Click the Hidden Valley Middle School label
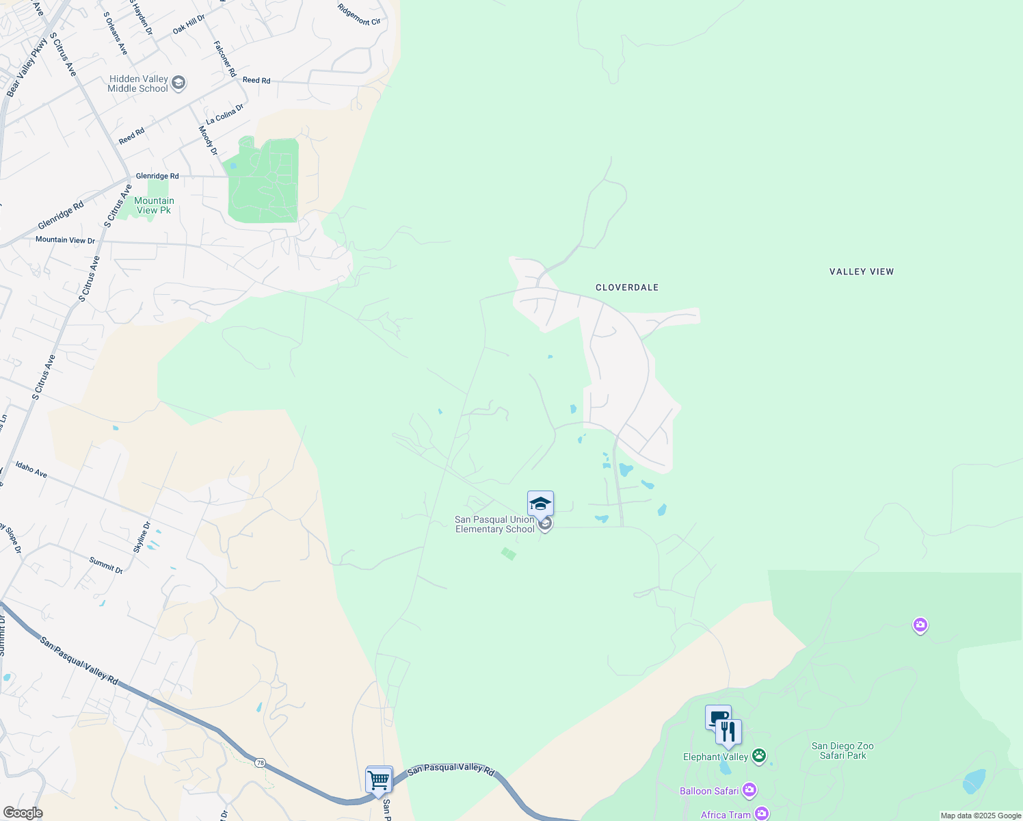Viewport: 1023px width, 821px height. [x=138, y=83]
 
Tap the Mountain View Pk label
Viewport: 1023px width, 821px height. [x=154, y=205]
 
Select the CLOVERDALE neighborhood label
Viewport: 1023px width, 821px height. [x=627, y=287]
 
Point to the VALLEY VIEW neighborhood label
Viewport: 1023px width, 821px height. [x=862, y=272]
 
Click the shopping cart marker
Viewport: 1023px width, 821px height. [x=379, y=780]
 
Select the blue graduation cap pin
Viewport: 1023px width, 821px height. [x=540, y=504]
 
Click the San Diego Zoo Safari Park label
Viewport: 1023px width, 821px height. [x=842, y=751]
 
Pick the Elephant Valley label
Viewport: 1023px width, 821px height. [x=715, y=757]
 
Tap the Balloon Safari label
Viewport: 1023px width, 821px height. [x=709, y=791]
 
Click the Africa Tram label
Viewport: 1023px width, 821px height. [x=726, y=814]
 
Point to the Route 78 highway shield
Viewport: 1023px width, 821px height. [x=260, y=762]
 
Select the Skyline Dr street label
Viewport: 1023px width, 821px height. [x=142, y=537]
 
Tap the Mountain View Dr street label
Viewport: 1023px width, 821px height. [x=65, y=240]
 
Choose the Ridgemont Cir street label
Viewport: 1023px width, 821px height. [x=359, y=14]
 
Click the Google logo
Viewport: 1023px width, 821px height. [x=23, y=813]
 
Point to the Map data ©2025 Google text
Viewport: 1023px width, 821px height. [x=981, y=816]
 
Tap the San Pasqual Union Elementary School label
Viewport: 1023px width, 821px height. [x=494, y=524]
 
